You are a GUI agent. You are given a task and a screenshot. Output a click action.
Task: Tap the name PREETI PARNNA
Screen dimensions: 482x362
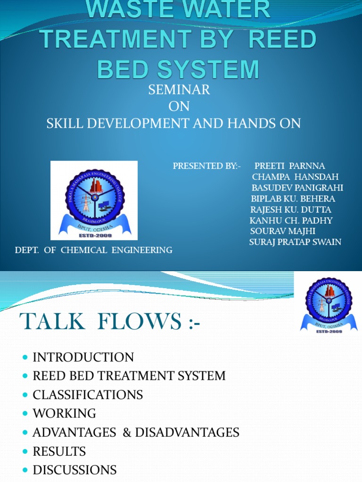click(289, 166)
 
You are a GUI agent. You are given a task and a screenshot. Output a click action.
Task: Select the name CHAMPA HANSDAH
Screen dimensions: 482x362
click(295, 177)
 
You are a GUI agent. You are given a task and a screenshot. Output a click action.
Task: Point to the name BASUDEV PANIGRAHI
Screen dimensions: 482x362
click(297, 188)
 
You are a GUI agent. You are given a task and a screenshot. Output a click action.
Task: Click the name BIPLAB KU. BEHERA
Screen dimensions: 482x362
click(293, 199)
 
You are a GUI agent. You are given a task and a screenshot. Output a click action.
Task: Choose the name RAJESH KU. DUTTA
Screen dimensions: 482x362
click(290, 209)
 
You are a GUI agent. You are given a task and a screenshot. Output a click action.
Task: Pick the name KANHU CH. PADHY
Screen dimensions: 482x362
click(291, 220)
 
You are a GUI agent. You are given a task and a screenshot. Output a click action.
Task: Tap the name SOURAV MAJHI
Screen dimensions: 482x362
click(282, 231)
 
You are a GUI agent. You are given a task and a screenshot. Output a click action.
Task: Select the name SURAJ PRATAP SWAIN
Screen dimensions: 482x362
click(295, 242)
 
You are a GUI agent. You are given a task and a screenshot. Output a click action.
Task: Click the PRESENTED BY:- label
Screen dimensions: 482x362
click(206, 166)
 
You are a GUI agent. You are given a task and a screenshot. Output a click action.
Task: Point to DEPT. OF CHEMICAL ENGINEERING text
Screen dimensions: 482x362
click(94, 250)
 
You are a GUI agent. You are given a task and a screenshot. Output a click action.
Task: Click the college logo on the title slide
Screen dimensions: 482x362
click(94, 201)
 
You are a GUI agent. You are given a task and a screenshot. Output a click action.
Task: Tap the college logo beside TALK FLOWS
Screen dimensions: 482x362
click(329, 305)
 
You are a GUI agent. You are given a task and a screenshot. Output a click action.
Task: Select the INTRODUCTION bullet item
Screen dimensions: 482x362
click(83, 357)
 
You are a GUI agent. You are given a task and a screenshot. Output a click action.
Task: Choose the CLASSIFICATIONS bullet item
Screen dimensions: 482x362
click(88, 394)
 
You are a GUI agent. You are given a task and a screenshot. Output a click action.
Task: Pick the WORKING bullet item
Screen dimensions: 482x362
click(64, 413)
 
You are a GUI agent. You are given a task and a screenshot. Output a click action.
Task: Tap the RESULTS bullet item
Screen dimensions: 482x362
click(59, 451)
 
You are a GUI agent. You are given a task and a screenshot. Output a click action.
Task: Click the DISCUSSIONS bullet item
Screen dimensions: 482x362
click(74, 470)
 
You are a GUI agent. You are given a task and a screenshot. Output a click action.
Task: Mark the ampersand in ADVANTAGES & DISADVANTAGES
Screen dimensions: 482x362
click(126, 433)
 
